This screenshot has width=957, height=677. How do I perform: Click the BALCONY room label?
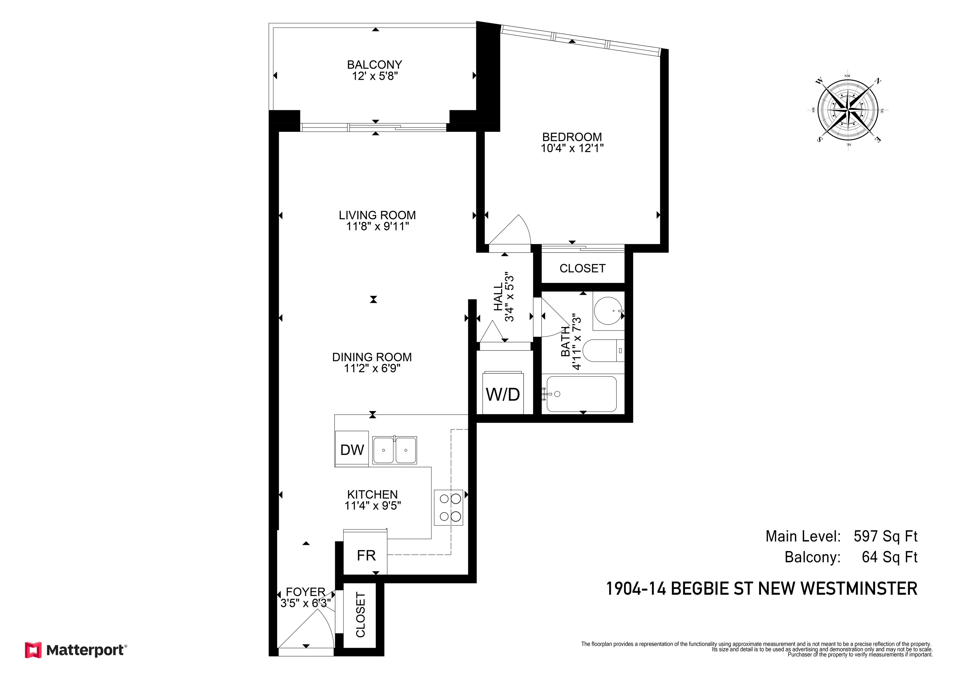pyautogui.click(x=374, y=65)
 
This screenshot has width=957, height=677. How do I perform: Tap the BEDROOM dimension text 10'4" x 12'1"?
pyautogui.click(x=572, y=148)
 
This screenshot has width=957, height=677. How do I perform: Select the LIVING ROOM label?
pyautogui.click(x=377, y=215)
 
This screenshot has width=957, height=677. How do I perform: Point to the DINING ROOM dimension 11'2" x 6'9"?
pyautogui.click(x=372, y=368)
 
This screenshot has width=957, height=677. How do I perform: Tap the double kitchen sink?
pyautogui.click(x=394, y=450)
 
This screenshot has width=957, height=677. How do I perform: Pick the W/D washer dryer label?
pyautogui.click(x=503, y=394)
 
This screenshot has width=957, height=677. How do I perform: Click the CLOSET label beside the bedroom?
pyautogui.click(x=582, y=268)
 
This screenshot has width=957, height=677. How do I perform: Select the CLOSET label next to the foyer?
pyautogui.click(x=360, y=615)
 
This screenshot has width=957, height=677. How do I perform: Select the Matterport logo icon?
pyautogui.click(x=33, y=650)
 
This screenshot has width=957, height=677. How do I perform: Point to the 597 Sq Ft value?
pyautogui.click(x=885, y=536)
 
